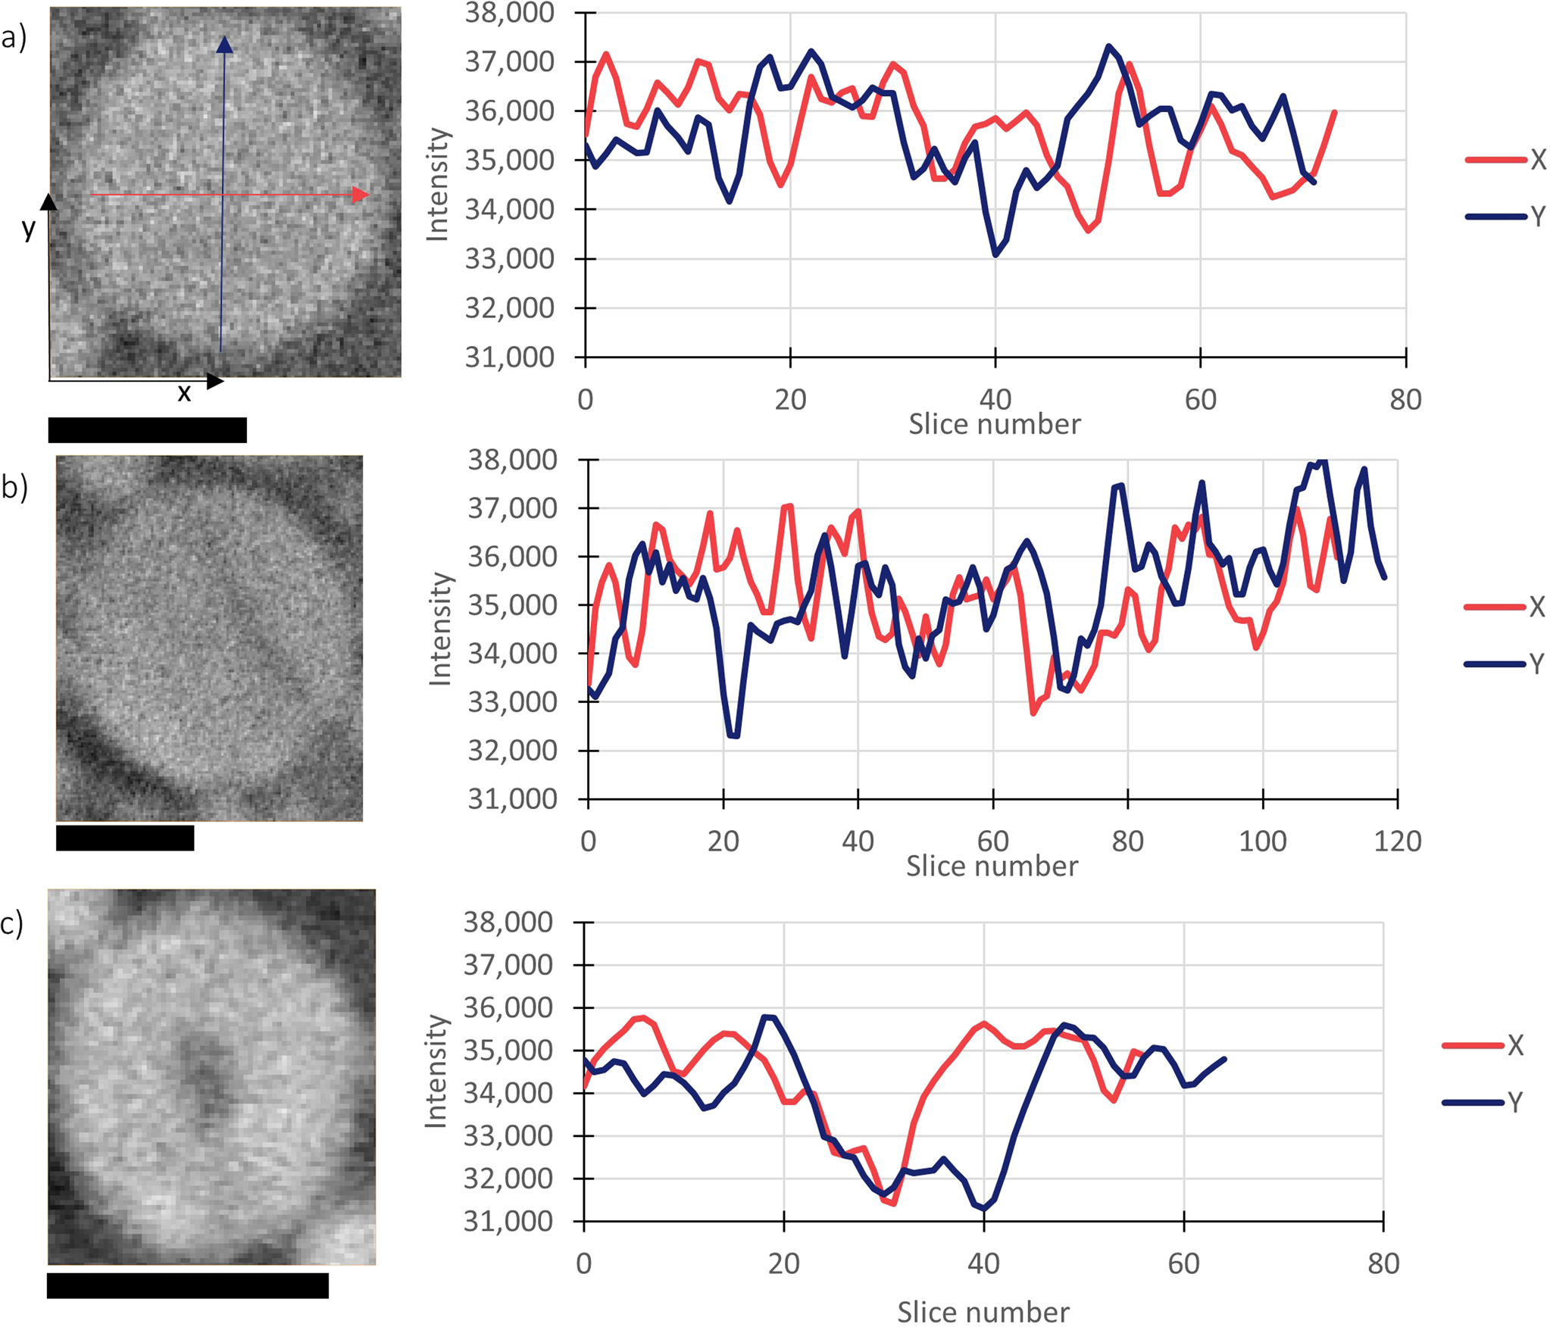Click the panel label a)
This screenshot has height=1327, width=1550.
(x=14, y=36)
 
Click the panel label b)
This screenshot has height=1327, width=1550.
(x=14, y=486)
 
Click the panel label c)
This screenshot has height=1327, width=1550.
(x=12, y=924)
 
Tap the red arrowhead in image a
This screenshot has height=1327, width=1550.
(x=361, y=195)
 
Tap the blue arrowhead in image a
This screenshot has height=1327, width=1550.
(x=224, y=45)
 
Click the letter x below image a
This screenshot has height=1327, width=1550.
(x=183, y=392)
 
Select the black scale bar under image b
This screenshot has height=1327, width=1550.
(x=125, y=838)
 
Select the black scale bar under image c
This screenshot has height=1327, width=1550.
(x=188, y=1285)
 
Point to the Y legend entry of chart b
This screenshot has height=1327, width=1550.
(x=1505, y=664)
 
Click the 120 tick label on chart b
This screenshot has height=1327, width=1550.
(x=1397, y=841)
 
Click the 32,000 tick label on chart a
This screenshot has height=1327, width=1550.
(x=509, y=308)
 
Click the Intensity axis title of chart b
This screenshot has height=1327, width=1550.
(x=439, y=629)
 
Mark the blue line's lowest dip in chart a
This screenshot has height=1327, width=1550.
(x=995, y=255)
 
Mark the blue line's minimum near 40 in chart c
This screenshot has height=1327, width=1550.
(x=983, y=1208)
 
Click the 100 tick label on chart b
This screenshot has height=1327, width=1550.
(x=1262, y=841)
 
